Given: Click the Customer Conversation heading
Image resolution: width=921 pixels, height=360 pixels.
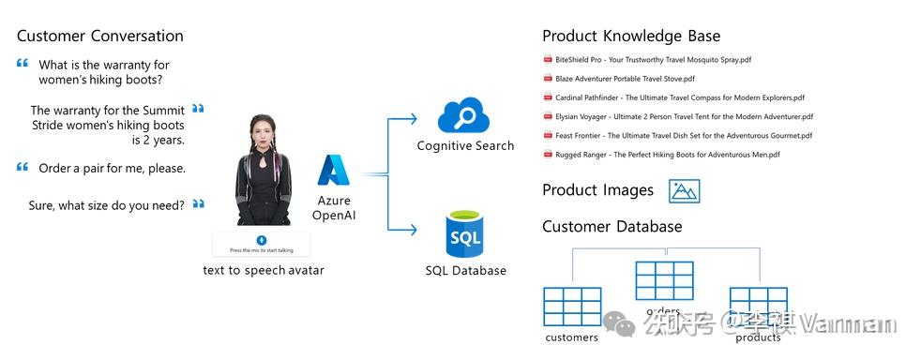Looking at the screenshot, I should point(100,37).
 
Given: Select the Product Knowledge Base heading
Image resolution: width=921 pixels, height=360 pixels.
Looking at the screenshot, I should point(631,37).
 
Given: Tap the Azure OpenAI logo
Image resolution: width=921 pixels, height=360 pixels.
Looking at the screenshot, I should point(333,171).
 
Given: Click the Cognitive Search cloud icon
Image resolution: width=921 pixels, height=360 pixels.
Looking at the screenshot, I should point(464,115).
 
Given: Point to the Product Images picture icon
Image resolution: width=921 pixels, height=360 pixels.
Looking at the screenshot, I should point(685,191).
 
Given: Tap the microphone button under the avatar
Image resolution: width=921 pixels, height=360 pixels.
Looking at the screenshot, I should point(262,240).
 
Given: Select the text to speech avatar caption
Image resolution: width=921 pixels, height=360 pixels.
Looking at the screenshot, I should point(264,271).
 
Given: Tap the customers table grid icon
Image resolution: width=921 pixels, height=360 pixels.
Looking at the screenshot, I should point(572,307).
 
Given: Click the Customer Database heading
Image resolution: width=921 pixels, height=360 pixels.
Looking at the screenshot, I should point(612,227).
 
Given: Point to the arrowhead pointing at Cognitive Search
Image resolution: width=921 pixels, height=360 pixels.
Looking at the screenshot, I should point(413,118).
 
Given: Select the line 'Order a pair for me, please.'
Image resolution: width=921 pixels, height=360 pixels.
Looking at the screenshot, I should point(112,169).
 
